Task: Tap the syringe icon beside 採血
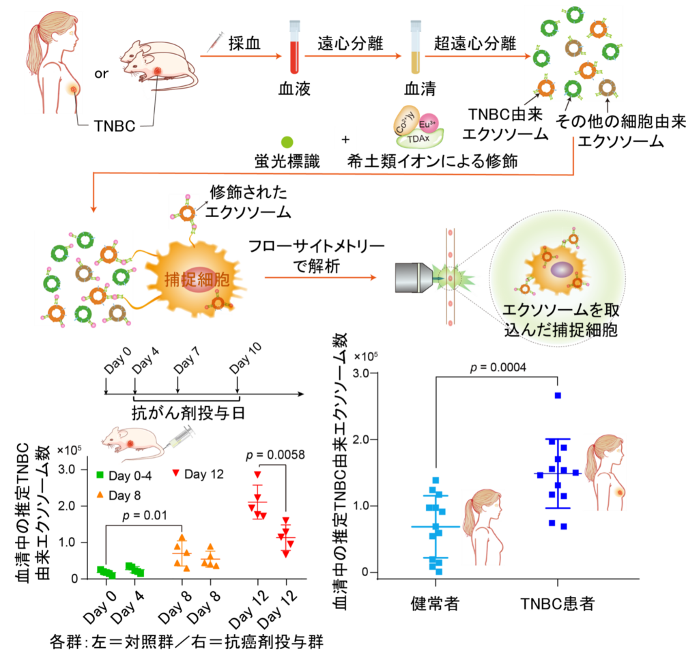pyautogui.click(x=215, y=42)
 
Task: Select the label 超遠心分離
pyautogui.click(x=474, y=43)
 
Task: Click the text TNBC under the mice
pyautogui.click(x=115, y=126)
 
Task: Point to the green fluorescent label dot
pyautogui.click(x=287, y=143)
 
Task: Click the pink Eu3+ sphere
pyautogui.click(x=427, y=124)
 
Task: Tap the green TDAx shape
pyautogui.click(x=420, y=138)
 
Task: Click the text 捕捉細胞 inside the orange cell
pyautogui.click(x=197, y=280)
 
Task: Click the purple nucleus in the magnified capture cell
pyautogui.click(x=562, y=270)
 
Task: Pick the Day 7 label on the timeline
pyautogui.click(x=186, y=360)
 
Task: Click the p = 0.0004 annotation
pyautogui.click(x=498, y=367)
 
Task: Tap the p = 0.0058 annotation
pyautogui.click(x=275, y=455)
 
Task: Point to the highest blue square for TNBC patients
pyautogui.click(x=558, y=395)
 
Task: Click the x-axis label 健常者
pyautogui.click(x=435, y=603)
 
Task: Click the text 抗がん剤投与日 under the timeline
pyautogui.click(x=188, y=414)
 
